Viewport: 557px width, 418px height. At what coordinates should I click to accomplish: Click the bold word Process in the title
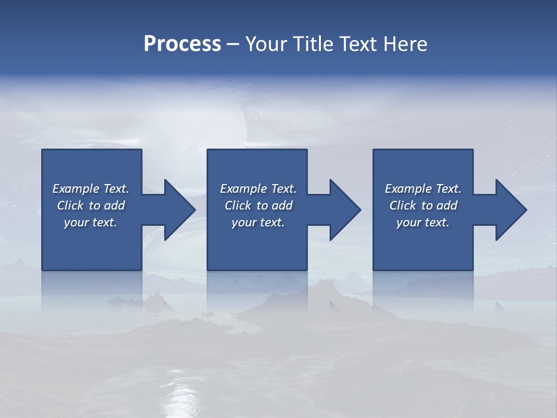pos(182,44)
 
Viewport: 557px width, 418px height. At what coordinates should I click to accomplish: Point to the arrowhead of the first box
pos(179,210)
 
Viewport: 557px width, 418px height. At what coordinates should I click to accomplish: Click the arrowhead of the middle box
pos(345,210)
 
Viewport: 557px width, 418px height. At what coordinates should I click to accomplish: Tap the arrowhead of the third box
pos(511,210)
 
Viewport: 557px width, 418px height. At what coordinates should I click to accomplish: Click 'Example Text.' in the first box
pos(91,189)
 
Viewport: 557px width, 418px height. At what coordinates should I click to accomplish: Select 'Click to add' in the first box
pos(91,206)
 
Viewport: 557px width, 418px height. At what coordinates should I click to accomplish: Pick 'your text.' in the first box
pos(91,222)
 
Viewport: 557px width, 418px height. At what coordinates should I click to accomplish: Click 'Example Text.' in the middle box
pos(258,189)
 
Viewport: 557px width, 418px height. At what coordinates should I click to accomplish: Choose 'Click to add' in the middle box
pos(258,206)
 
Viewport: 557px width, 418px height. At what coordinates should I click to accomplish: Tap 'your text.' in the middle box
pos(258,222)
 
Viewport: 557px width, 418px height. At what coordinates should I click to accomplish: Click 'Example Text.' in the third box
pos(423,189)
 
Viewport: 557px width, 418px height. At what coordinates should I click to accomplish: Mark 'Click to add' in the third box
pos(423,206)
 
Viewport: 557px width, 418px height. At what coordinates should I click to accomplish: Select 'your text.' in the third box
pos(423,222)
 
